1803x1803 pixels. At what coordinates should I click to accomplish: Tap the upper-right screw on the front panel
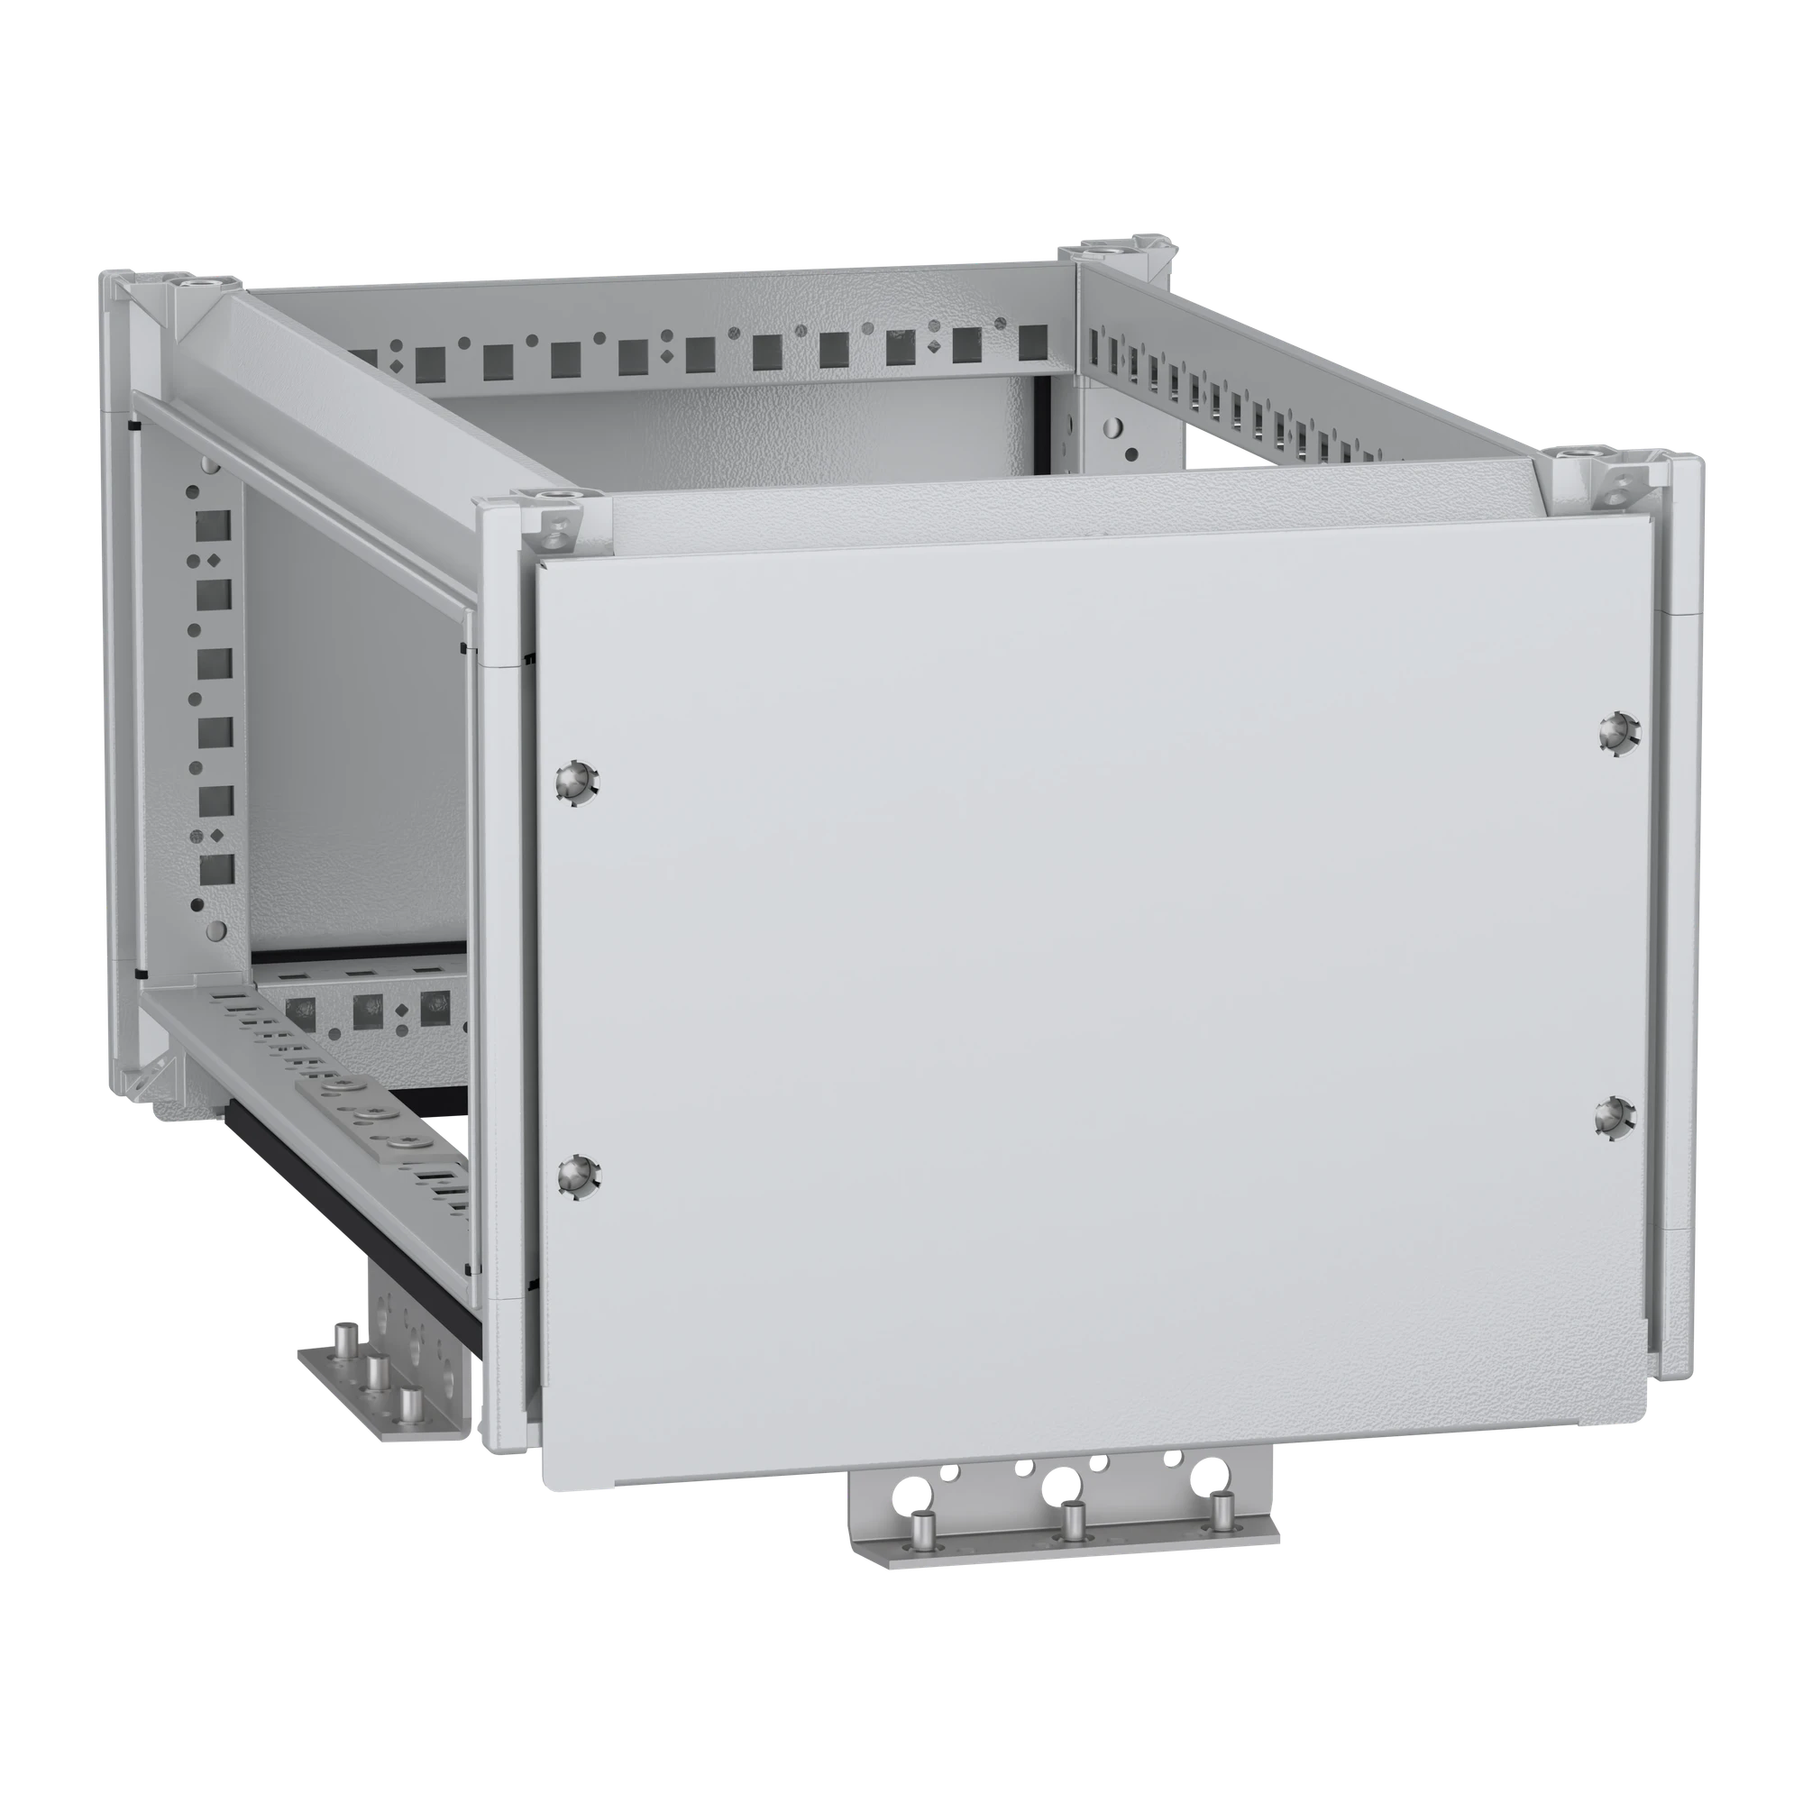click(1615, 733)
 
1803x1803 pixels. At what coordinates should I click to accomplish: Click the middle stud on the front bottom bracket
click(1073, 1524)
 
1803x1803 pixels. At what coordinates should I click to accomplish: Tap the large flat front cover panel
click(1073, 980)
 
